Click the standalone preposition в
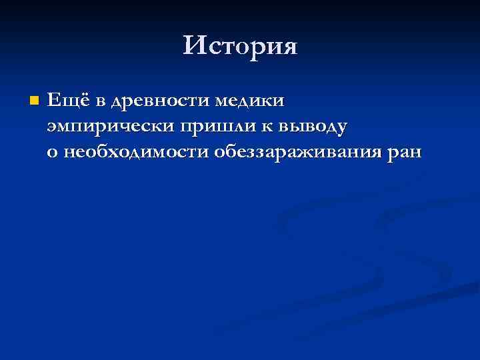coord(101,102)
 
